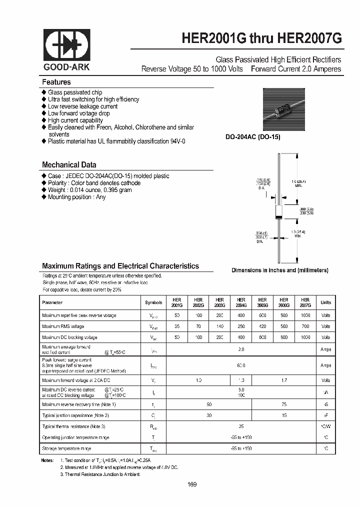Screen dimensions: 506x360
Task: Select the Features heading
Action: (x=56, y=82)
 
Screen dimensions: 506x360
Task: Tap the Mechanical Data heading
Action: (x=69, y=164)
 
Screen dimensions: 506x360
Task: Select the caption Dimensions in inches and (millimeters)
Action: (x=279, y=270)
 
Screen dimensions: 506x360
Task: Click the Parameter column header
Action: (x=52, y=302)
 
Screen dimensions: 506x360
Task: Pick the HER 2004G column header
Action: (x=241, y=302)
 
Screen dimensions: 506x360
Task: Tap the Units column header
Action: (x=325, y=302)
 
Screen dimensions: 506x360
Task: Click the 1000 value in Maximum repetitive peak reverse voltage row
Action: (x=305, y=315)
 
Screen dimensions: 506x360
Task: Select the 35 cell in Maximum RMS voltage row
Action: (x=176, y=326)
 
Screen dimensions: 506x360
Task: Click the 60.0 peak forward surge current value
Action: (x=241, y=365)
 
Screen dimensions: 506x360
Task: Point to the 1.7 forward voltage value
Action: (x=284, y=381)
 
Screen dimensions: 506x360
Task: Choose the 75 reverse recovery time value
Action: (x=284, y=404)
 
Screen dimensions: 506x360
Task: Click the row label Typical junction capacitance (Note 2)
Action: (x=75, y=415)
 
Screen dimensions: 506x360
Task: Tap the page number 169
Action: (x=192, y=484)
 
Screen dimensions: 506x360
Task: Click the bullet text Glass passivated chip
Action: (x=75, y=92)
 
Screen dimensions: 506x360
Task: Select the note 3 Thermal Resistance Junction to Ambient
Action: (x=100, y=474)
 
